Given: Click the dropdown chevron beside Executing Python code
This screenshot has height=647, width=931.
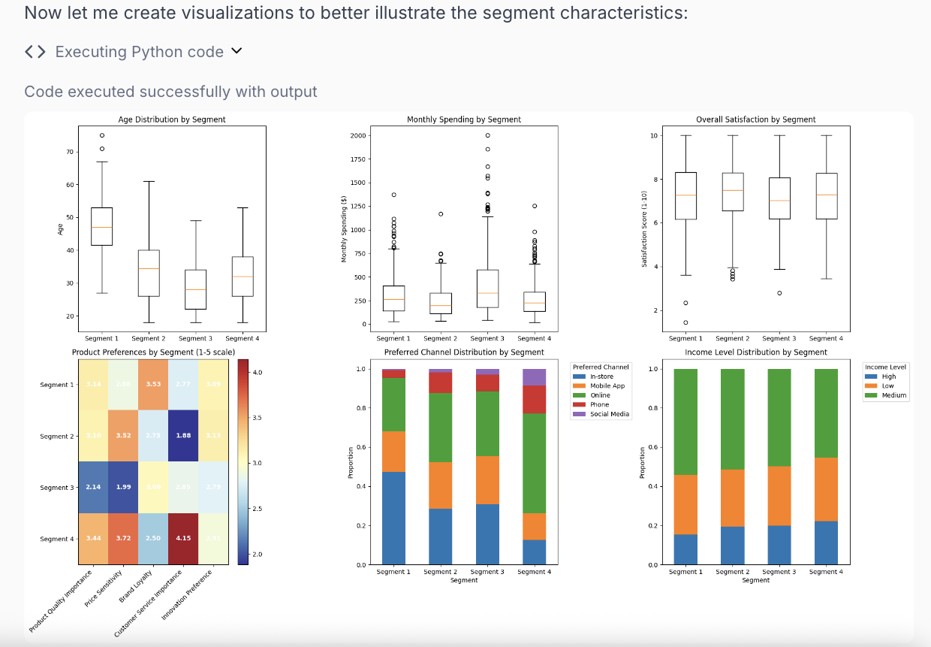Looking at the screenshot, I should tap(237, 51).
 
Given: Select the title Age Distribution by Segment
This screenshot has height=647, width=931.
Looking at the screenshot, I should tap(172, 119).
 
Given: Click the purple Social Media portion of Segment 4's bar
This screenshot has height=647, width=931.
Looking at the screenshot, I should tap(535, 377).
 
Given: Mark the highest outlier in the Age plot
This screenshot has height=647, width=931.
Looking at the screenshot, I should tap(101, 136).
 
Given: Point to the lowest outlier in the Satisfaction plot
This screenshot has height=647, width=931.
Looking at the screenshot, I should tap(685, 322).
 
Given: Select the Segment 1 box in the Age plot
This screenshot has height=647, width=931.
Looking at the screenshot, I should tap(101, 226).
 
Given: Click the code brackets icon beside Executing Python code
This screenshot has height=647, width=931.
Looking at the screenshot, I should tap(35, 51).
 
